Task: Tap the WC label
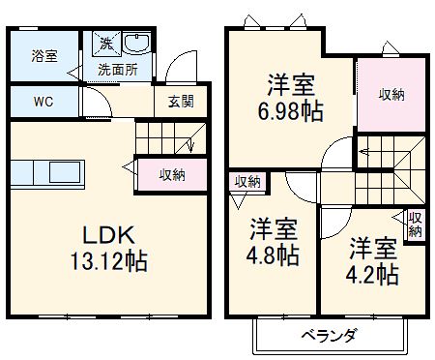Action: point(44,100)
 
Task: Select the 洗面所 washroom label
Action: point(116,70)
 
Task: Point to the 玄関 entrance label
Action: point(182,100)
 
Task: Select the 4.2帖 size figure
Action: point(373,274)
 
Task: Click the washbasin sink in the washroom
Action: point(136,45)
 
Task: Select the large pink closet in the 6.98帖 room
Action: point(391,94)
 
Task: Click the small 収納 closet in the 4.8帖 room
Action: point(246,182)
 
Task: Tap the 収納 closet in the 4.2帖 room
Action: point(415,225)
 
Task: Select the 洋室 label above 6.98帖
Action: point(289,82)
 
